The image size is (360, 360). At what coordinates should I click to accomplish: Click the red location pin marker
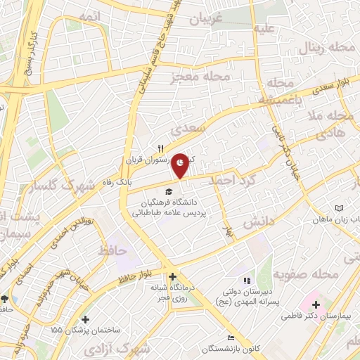[x=181, y=164]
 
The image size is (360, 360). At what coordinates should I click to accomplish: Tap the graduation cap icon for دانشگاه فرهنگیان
[x=168, y=191]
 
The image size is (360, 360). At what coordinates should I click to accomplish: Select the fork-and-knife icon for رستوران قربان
[x=160, y=149]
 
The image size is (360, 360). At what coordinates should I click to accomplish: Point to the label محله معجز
[x=211, y=76]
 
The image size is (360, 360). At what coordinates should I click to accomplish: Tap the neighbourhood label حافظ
[x=110, y=250]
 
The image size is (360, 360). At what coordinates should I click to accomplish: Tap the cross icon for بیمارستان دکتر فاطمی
[x=316, y=305]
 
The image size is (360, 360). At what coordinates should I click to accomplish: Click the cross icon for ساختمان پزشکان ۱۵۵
[x=86, y=319]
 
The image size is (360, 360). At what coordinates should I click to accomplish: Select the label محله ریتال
[x=320, y=49]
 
